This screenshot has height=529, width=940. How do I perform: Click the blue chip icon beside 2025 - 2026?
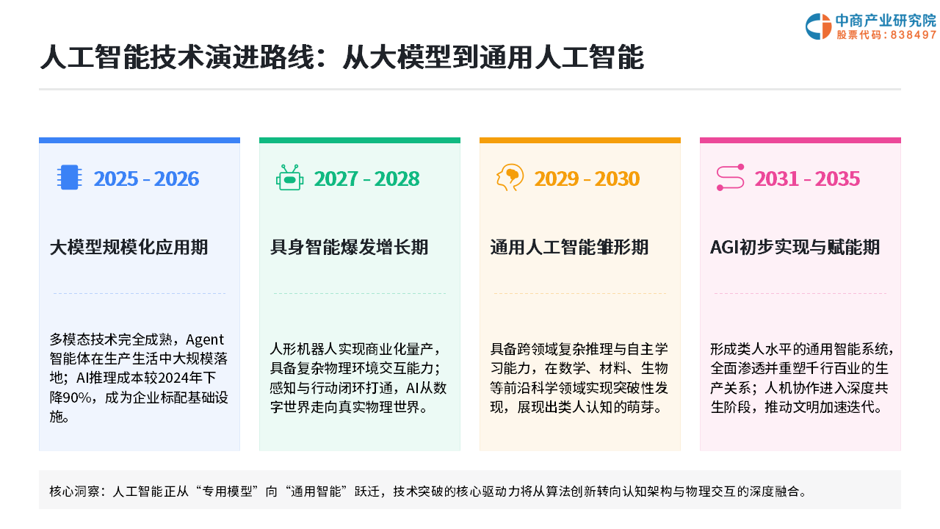69,177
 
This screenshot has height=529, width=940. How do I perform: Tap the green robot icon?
289,178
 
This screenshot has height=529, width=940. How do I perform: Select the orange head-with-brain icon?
510,177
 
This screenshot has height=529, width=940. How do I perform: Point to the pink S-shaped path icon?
730,177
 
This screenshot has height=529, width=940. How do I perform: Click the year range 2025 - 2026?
146,179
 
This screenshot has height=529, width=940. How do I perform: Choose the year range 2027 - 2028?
366,179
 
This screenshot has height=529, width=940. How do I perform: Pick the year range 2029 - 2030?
587,179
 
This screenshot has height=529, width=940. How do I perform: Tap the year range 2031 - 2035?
807,179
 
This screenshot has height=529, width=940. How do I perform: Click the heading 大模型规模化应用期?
129,248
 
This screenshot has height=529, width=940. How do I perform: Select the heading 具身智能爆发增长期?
349,248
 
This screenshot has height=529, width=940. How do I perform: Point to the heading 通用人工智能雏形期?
569,248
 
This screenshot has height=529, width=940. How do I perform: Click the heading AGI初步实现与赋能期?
795,248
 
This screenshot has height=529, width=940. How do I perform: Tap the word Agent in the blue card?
205,339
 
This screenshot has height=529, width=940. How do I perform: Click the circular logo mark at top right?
818,26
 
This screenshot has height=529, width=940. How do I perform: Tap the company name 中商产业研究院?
886,20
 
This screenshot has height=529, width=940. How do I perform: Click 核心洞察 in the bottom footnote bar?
73,492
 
